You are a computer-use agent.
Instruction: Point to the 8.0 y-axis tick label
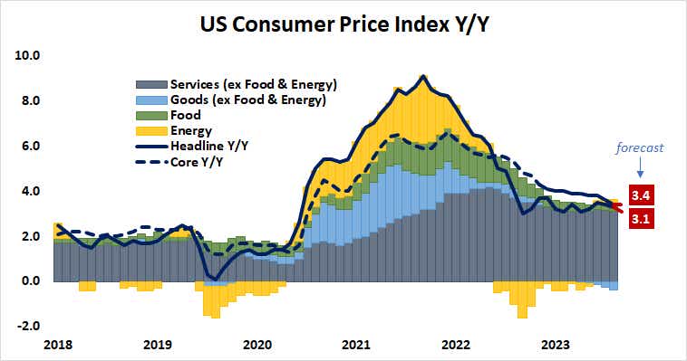click(30, 100)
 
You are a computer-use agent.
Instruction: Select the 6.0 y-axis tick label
click(30, 146)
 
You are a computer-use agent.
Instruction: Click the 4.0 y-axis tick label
click(30, 191)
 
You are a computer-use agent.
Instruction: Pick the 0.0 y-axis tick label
click(30, 281)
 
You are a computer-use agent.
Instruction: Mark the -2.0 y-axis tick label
click(28, 327)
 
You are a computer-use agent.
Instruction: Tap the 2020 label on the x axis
click(257, 345)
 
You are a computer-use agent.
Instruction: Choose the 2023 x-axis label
click(554, 345)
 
